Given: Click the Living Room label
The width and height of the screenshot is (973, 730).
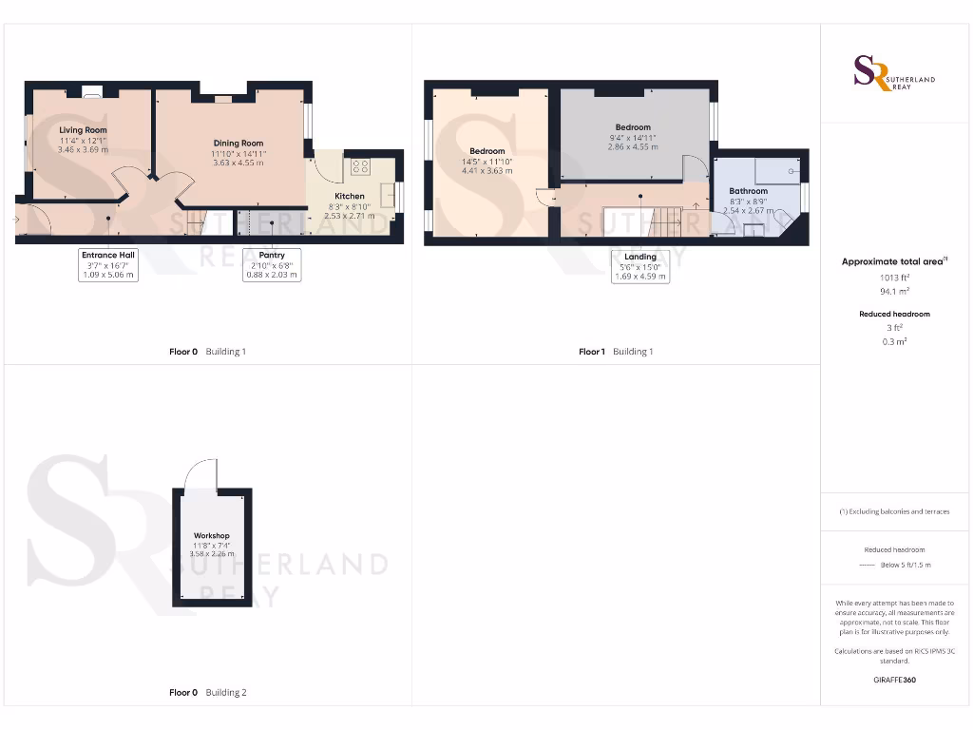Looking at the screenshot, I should (x=83, y=129).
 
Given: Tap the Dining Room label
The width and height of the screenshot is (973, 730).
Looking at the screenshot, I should (x=238, y=143).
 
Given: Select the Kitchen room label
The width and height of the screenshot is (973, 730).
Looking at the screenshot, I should (x=349, y=196).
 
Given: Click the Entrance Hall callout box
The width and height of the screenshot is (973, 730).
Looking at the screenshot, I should (x=107, y=264).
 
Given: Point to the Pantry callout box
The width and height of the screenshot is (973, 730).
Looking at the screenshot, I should (x=272, y=264).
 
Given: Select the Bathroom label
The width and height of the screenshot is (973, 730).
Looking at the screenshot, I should (x=748, y=191).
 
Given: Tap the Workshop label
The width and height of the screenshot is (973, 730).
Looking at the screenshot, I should (x=211, y=536).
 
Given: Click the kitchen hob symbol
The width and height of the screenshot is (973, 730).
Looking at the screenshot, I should (x=360, y=166).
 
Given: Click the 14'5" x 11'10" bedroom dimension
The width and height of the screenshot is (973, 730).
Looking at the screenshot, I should (x=487, y=162).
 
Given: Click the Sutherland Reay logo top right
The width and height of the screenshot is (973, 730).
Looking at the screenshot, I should (x=894, y=73).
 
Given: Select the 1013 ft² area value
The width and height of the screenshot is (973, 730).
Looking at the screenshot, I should (x=893, y=278).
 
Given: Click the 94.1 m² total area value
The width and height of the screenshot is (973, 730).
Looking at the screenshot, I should (x=893, y=292).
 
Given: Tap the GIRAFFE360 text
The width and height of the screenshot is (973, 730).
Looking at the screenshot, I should (x=893, y=680).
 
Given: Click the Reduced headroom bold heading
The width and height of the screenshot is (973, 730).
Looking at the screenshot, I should (x=894, y=314).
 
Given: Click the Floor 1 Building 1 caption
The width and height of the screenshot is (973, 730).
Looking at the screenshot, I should (x=616, y=352).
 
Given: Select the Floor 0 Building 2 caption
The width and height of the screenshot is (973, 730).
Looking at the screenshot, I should (x=207, y=693).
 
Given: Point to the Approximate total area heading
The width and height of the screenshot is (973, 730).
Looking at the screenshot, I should (x=893, y=261).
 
